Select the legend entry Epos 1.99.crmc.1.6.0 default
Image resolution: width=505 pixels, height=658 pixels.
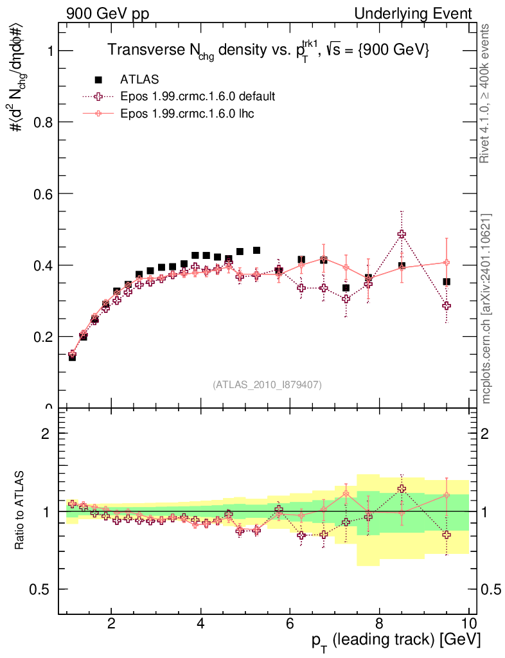coord(198,97)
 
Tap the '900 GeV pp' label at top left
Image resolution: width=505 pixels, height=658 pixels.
coord(107,14)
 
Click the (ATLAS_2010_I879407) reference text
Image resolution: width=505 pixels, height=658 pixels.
coord(267,384)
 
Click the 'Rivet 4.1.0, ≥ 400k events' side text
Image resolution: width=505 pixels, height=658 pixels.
coord(487,94)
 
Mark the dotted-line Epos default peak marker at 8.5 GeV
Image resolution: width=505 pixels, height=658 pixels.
coord(402,235)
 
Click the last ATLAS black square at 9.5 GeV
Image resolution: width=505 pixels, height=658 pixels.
coord(447,281)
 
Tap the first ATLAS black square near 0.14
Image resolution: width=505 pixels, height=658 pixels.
coord(72,357)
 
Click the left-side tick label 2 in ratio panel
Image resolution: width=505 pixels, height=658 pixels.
coord(46,433)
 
